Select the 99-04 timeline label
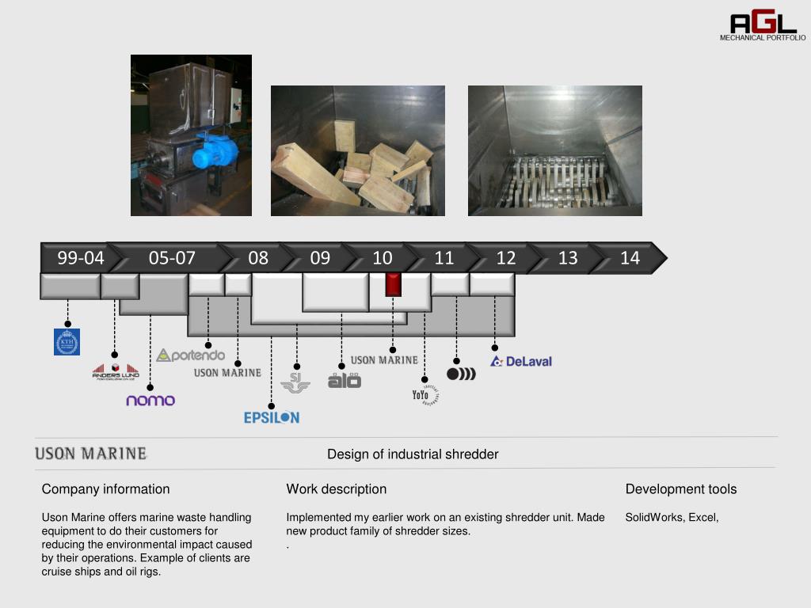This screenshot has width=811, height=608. (x=80, y=258)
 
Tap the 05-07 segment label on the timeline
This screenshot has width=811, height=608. (x=172, y=258)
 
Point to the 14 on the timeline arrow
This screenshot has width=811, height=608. (x=630, y=258)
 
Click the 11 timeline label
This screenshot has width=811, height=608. (x=444, y=258)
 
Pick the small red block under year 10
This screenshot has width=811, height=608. (x=393, y=284)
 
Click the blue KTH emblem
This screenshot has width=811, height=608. (x=67, y=341)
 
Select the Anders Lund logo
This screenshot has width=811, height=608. (x=116, y=371)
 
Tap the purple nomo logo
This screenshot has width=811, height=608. (x=150, y=400)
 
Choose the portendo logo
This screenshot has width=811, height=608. (x=191, y=355)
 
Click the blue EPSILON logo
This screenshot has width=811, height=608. (x=272, y=417)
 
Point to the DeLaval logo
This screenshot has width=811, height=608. (x=521, y=362)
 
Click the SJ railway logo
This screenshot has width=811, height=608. (x=295, y=383)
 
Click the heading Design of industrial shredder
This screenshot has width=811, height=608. (x=413, y=454)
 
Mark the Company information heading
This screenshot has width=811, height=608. (x=105, y=489)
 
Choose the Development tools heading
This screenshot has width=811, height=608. (x=680, y=489)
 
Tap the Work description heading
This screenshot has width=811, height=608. (x=336, y=489)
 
